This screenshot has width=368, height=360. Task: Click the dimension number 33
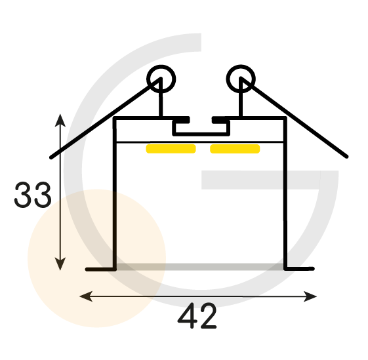click(33, 195)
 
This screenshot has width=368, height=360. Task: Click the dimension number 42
click(197, 315)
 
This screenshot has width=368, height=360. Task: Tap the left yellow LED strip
click(171, 149)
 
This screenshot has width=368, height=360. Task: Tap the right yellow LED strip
click(235, 149)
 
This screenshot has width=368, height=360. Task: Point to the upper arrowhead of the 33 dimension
click(60, 120)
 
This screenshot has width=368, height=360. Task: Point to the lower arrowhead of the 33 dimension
click(60, 264)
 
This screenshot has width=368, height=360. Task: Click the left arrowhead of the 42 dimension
click(86, 296)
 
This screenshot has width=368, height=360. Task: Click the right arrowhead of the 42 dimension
click(310, 296)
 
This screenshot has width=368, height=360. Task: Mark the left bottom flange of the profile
click(100, 269)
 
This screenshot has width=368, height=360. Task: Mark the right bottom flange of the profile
click(299, 269)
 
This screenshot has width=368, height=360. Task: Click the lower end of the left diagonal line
click(51, 157)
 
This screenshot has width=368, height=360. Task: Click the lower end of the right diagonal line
click(346, 157)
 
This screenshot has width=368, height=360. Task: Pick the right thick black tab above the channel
click(220, 120)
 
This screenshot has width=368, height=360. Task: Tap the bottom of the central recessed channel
click(201, 134)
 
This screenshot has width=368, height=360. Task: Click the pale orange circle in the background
click(96, 258)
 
